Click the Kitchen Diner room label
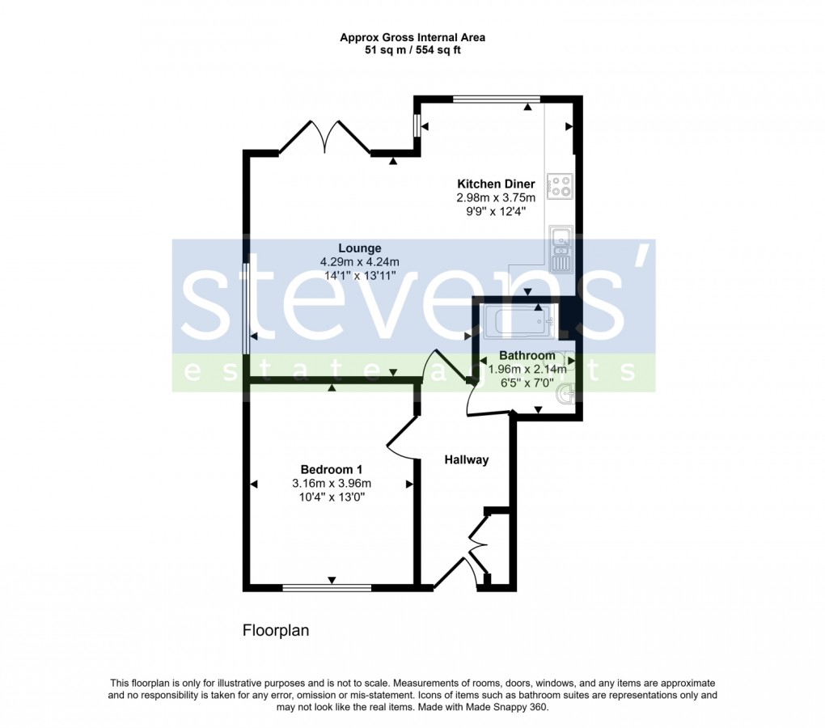(496, 184)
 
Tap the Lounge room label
(360, 248)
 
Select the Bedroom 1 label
(332, 469)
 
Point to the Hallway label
(467, 459)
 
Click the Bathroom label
(527, 355)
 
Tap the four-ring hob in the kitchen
(560, 186)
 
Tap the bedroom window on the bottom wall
(327, 586)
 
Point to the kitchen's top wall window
(496, 99)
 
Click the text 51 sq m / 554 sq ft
(412, 50)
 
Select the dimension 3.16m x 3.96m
(332, 484)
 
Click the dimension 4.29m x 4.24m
(360, 262)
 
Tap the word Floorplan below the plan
(276, 630)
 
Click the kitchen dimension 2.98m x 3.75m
(496, 197)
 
